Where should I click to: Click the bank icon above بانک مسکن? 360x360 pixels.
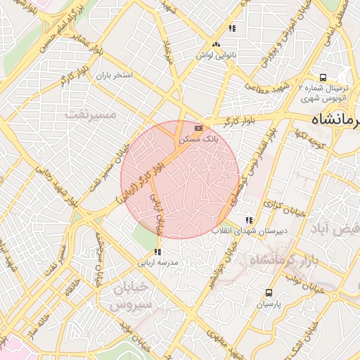pyautogui.click(x=198, y=129)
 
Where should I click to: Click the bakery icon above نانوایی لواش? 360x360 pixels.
pyautogui.click(x=232, y=29)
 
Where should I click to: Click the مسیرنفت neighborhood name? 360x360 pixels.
pyautogui.click(x=89, y=112)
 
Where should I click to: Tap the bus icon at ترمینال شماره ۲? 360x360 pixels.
pyautogui.click(x=323, y=77)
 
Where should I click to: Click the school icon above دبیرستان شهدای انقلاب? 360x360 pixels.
pyautogui.click(x=248, y=220)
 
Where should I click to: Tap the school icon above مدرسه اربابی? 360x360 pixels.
pyautogui.click(x=158, y=251)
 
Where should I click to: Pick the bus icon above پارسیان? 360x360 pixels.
pyautogui.click(x=269, y=292)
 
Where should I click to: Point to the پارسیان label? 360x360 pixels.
pyautogui.click(x=268, y=304)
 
